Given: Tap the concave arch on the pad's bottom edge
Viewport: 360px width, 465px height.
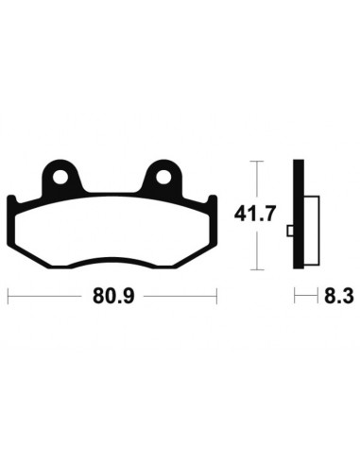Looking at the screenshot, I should [x=111, y=260].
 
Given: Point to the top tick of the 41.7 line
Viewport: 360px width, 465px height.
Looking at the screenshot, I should [x=255, y=162].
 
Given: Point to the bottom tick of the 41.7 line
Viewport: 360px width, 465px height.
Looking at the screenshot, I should [x=255, y=270].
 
